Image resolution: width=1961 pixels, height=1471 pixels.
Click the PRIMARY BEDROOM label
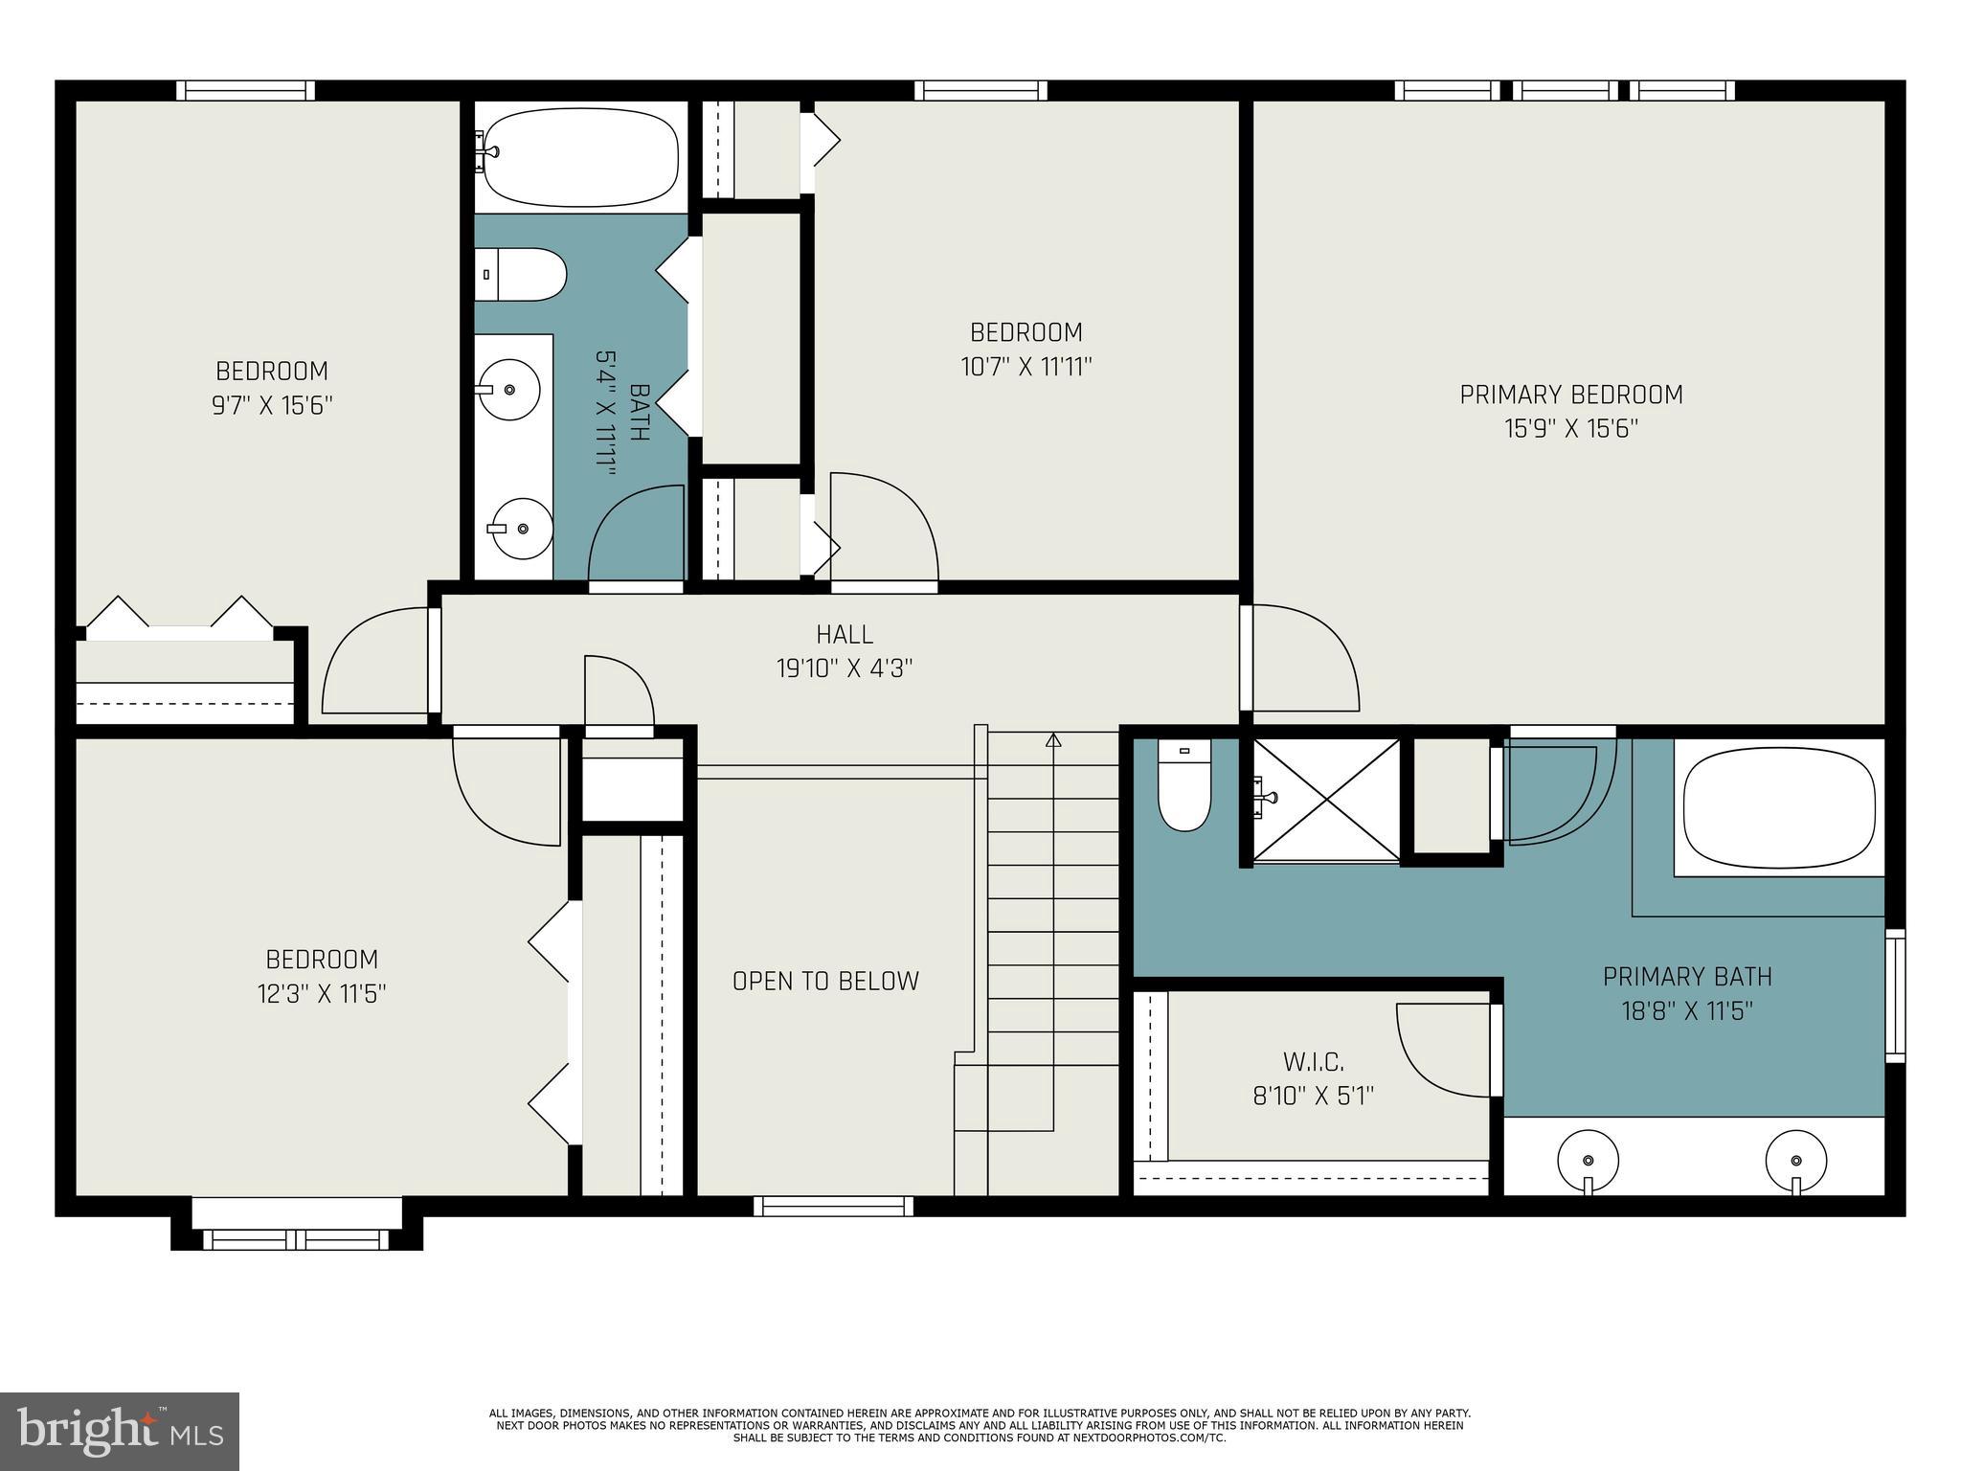pyautogui.click(x=1570, y=395)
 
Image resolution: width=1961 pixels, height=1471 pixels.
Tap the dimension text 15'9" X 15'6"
pyautogui.click(x=1570, y=429)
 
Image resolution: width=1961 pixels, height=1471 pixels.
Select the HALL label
pyautogui.click(x=844, y=634)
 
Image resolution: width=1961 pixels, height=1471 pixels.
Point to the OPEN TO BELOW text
pyautogui.click(x=825, y=981)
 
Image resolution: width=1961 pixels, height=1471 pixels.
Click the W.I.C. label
pyautogui.click(x=1313, y=1061)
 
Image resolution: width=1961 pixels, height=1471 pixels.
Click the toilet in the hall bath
pyautogui.click(x=522, y=275)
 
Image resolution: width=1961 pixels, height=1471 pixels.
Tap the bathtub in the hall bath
pyautogui.click(x=581, y=156)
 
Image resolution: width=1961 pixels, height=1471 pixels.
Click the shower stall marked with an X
pyautogui.click(x=1327, y=800)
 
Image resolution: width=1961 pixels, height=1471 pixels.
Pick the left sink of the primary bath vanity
pyautogui.click(x=1588, y=1160)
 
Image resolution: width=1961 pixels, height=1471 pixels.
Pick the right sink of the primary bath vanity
pyautogui.click(x=1795, y=1160)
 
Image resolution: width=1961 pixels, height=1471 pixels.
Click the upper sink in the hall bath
pyautogui.click(x=508, y=390)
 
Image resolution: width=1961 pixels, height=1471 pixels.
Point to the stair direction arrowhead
pyautogui.click(x=1053, y=739)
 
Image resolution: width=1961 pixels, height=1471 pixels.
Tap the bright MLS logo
pyautogui.click(x=120, y=1431)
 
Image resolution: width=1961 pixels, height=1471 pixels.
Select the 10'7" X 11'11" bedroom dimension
pyautogui.click(x=1026, y=367)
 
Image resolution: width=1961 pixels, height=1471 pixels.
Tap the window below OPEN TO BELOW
pyautogui.click(x=833, y=1207)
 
